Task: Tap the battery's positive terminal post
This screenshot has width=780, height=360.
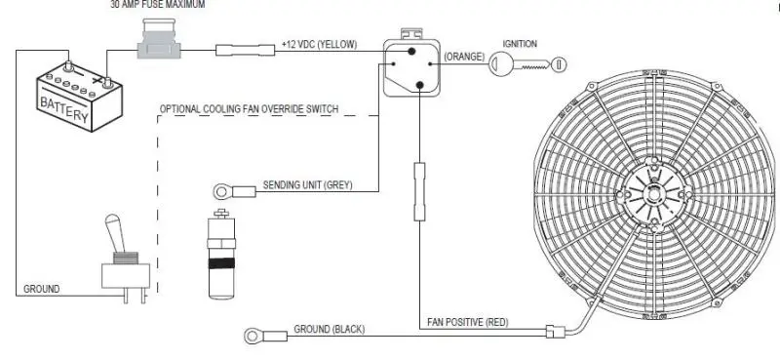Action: [107, 81]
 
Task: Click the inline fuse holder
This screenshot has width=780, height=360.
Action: [159, 39]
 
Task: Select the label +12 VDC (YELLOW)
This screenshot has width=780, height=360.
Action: [320, 44]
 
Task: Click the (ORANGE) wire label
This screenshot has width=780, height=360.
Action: [464, 57]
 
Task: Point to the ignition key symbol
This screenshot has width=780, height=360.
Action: [527, 64]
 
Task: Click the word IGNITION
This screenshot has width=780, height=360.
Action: [520, 44]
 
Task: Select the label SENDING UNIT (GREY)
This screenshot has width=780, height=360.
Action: [307, 185]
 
